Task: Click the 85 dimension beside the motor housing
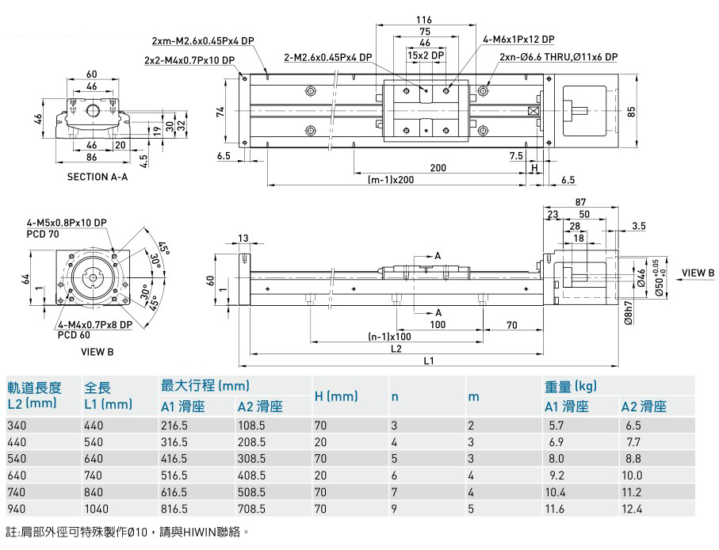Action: [631, 112]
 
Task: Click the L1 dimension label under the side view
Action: [429, 361]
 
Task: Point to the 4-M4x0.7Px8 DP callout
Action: [94, 324]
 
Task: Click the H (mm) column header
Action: [336, 395]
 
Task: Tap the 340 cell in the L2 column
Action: [17, 426]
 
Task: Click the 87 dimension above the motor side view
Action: [581, 202]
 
